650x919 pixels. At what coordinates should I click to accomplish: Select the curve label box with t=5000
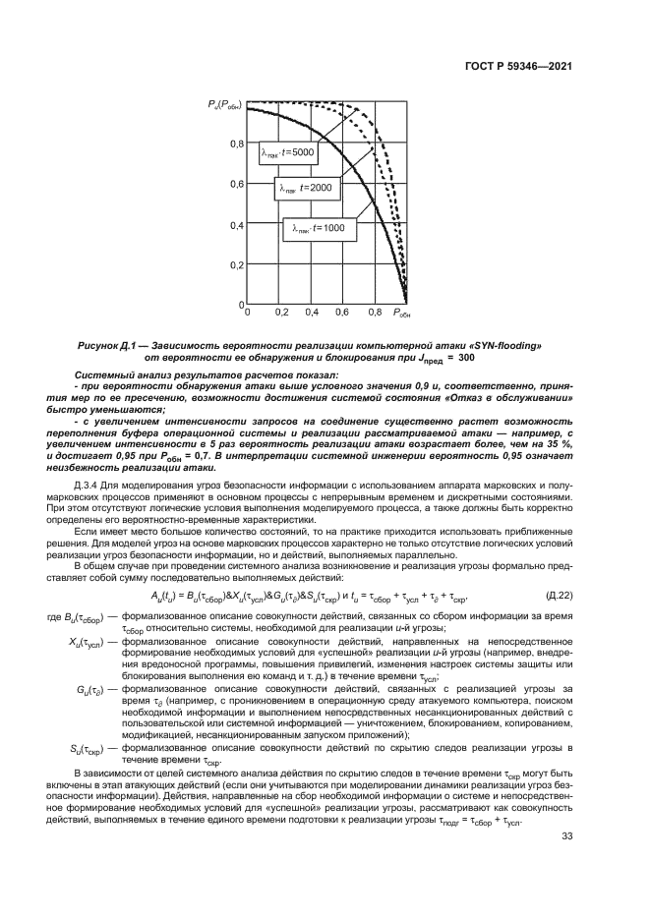[287, 152]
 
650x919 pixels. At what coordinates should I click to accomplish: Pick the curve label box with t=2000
[305, 188]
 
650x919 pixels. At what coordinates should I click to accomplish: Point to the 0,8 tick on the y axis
[236, 144]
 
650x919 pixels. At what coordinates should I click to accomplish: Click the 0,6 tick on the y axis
[236, 184]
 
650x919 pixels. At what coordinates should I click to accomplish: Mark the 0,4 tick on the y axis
[236, 224]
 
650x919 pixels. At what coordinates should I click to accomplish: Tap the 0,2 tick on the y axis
[236, 265]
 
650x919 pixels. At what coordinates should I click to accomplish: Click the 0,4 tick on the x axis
[312, 313]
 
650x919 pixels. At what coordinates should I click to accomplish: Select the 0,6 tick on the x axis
[343, 313]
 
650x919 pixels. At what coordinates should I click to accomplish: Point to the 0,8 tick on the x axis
[375, 313]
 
